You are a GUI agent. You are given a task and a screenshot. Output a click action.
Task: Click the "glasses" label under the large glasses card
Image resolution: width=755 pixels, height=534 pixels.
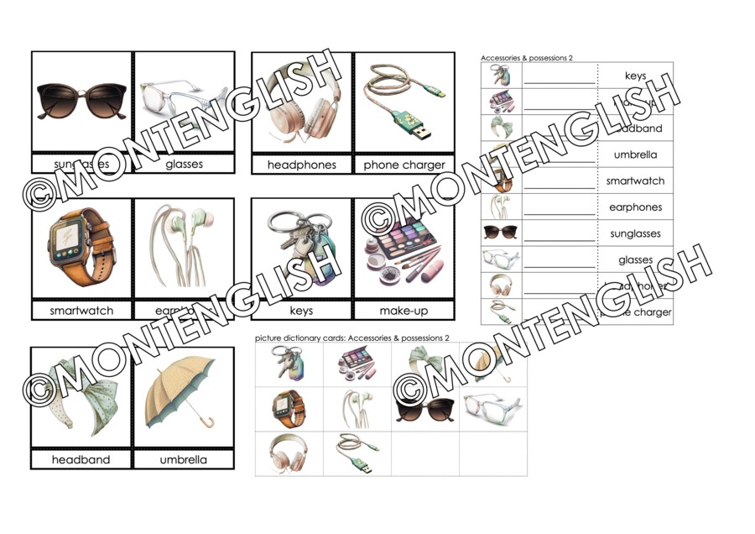[x=184, y=165]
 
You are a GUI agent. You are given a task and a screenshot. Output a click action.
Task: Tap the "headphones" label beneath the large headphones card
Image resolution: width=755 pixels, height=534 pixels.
[x=302, y=165]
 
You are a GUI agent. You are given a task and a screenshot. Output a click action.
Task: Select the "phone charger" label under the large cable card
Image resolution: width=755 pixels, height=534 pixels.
[x=404, y=165]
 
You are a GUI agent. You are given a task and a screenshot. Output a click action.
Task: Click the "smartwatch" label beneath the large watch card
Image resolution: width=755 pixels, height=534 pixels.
[x=81, y=311]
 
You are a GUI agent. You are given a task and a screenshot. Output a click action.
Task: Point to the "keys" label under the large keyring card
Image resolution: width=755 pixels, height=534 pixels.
[x=301, y=311]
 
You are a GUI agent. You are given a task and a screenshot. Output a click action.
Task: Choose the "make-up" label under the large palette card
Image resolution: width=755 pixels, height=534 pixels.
[x=404, y=311]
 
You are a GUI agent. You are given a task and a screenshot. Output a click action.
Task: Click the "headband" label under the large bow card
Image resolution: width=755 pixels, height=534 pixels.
[x=81, y=460]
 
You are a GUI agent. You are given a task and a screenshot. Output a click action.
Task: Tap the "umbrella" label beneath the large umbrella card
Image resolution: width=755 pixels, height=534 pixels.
[x=184, y=460]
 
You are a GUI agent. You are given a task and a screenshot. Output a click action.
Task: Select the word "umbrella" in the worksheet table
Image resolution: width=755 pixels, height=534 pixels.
[x=635, y=155]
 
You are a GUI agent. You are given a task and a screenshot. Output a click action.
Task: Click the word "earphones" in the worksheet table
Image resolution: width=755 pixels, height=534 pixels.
[x=635, y=207]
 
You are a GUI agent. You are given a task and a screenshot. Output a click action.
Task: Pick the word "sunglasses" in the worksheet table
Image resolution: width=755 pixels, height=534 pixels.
[x=635, y=233]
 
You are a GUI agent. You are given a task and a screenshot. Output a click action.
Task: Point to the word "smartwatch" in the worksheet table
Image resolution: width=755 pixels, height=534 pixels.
[x=635, y=181]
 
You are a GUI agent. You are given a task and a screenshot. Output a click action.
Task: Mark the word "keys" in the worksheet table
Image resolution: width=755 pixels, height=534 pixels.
[x=635, y=76]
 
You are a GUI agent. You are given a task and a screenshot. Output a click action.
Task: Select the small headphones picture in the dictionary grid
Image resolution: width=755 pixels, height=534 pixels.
[x=289, y=453]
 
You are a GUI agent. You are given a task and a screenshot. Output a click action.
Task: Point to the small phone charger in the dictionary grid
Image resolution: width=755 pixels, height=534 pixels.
[x=357, y=452]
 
